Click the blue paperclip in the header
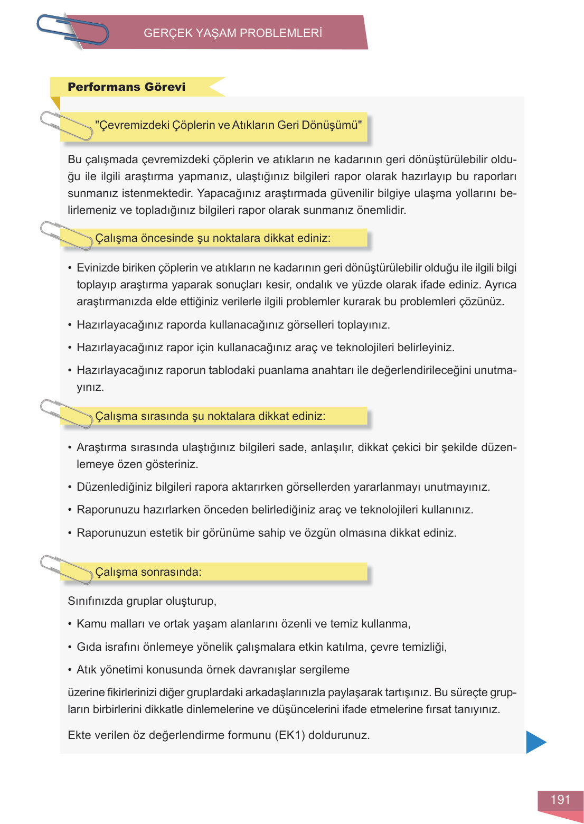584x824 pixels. point(72,30)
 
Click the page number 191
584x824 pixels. point(560,800)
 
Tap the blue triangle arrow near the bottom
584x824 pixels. point(535,742)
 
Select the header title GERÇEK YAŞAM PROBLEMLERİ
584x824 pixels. point(232,33)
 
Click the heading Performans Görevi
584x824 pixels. point(127,87)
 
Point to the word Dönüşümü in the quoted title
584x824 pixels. point(334,125)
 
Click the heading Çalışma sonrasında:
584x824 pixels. point(148,572)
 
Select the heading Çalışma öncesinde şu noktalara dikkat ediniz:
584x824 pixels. point(213,238)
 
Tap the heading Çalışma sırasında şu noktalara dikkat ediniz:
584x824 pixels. point(210,416)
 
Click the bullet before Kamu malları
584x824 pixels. point(70,624)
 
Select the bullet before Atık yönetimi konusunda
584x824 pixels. point(70,670)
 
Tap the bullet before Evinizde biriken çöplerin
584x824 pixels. point(70,268)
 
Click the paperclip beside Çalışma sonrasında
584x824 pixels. point(67,569)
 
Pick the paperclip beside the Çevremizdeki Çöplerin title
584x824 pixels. point(67,126)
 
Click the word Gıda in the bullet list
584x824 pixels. point(89,647)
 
